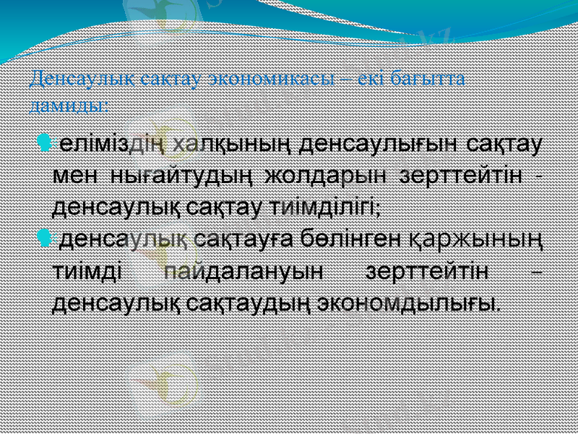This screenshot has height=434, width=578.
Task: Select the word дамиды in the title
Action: coord(68,103)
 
